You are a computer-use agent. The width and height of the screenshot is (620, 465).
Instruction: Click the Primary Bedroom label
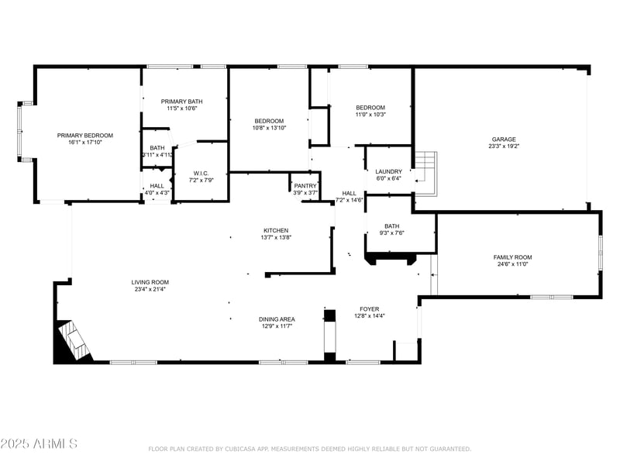[x=85, y=136]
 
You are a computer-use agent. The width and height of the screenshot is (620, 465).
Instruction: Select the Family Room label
[x=512, y=257]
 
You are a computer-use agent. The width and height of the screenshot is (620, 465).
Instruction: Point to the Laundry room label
[x=388, y=171]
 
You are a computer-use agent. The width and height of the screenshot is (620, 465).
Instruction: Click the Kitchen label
[x=276, y=230]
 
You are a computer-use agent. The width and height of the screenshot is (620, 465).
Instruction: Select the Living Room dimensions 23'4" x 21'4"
[x=150, y=289]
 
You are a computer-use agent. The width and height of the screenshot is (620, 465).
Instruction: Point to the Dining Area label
[x=276, y=319]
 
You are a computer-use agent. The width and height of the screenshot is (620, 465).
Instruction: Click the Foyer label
[x=369, y=308]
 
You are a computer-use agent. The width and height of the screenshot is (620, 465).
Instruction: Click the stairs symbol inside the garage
[x=425, y=168]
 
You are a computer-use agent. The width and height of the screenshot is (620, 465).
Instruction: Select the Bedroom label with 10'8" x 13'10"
[x=269, y=121]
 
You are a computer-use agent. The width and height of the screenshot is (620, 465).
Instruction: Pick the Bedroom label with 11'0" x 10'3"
[x=370, y=108]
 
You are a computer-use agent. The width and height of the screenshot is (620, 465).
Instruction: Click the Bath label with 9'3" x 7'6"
[x=391, y=226]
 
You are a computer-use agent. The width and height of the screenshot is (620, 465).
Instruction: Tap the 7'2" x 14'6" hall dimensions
[x=349, y=200]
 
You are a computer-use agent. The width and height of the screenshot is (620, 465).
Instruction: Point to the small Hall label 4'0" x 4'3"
[x=157, y=186]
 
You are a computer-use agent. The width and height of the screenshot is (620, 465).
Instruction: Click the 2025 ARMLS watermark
[x=39, y=444]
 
